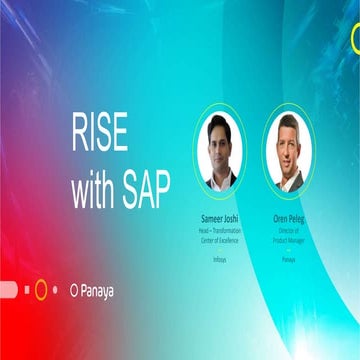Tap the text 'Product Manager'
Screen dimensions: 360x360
pyautogui.click(x=289, y=236)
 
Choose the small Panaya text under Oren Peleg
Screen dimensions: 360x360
pyautogui.click(x=289, y=258)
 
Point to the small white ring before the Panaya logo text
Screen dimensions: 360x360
pyautogui.click(x=74, y=291)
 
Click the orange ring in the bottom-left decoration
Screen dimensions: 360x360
pyautogui.click(x=41, y=290)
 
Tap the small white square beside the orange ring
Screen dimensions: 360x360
pyautogui.click(x=25, y=290)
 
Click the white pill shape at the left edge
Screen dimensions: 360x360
pyautogui.click(x=6, y=290)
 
